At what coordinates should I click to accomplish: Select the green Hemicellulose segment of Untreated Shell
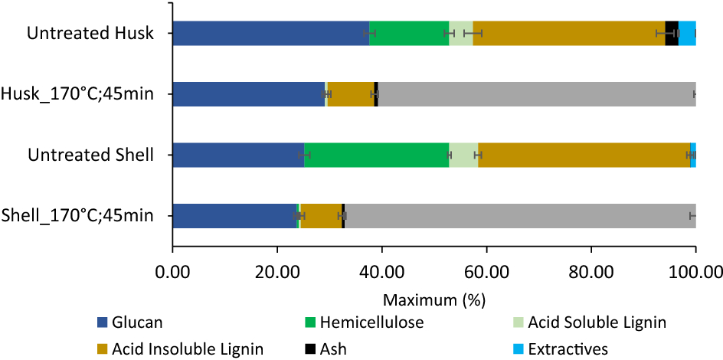click(x=376, y=155)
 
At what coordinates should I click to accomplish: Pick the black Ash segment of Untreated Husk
click(x=672, y=34)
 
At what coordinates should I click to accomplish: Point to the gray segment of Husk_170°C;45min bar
click(x=536, y=94)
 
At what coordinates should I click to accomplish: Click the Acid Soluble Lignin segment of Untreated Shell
click(x=463, y=155)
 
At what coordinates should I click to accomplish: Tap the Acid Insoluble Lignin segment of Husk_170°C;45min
click(x=351, y=94)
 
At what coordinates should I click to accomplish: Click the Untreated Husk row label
click(x=90, y=34)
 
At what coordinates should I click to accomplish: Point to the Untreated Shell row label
click(x=90, y=155)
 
